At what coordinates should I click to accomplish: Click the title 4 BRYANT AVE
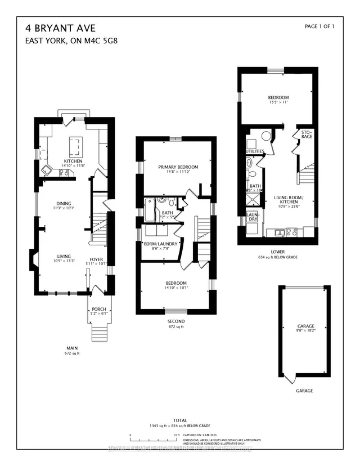[x=52, y=27]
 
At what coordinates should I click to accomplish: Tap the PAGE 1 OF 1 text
[x=319, y=26]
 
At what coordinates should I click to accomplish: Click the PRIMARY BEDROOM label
[x=178, y=167]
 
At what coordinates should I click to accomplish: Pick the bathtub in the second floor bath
[x=150, y=210]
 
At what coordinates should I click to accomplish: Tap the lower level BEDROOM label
[x=278, y=97]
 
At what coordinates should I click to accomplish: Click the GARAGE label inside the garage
[x=305, y=326]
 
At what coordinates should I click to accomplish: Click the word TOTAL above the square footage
[x=180, y=420]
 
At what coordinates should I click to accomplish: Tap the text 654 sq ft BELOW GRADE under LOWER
[x=277, y=257]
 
